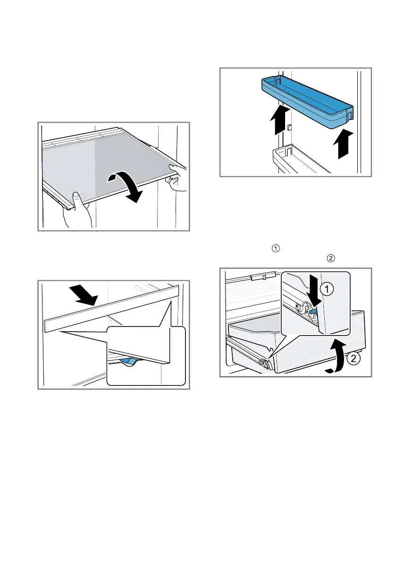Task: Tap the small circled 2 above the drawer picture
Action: pos(331,259)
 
